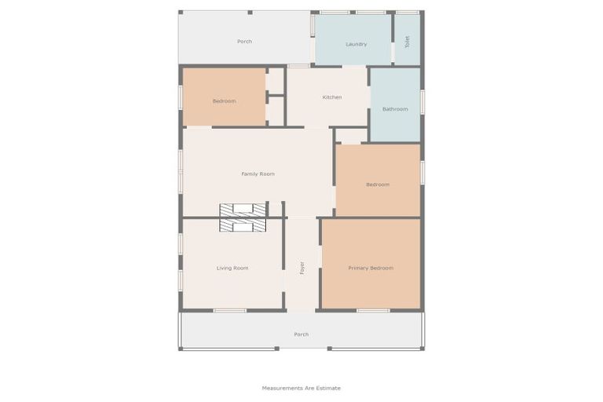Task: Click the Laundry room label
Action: [356, 44]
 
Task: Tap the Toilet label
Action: [407, 42]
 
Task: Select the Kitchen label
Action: [332, 97]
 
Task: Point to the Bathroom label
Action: [395, 109]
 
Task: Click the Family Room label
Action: [258, 174]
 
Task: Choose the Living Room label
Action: [232, 269]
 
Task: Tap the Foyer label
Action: [301, 268]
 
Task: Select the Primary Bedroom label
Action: [371, 269]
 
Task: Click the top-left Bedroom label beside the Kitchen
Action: [224, 101]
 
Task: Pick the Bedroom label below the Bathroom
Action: [378, 185]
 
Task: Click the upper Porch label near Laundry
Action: [244, 42]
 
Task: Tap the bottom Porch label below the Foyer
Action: [301, 334]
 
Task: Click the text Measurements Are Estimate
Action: [301, 388]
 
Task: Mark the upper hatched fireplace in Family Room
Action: [243, 209]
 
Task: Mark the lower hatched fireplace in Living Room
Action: [243, 225]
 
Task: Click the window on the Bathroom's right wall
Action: [422, 100]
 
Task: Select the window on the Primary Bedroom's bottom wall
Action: [373, 311]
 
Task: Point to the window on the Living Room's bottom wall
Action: [229, 311]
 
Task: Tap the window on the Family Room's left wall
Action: [181, 171]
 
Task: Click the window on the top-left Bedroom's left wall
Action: [181, 97]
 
